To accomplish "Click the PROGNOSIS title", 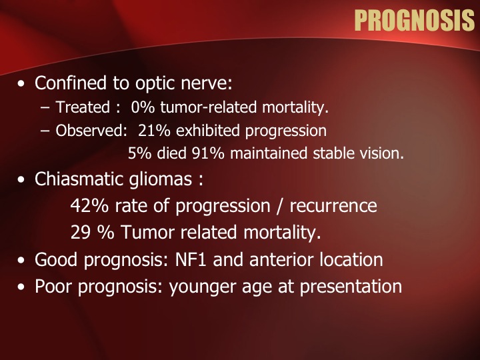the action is point(415,20).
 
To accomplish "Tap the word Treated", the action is point(83,107).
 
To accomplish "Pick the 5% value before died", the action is point(139,153).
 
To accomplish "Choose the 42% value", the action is point(89,205).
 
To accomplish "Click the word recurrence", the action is point(333,206).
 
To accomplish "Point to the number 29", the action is point(80,233).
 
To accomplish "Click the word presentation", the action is point(351,287).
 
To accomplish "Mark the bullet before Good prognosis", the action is point(21,260).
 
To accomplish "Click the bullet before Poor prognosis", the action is point(21,287).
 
